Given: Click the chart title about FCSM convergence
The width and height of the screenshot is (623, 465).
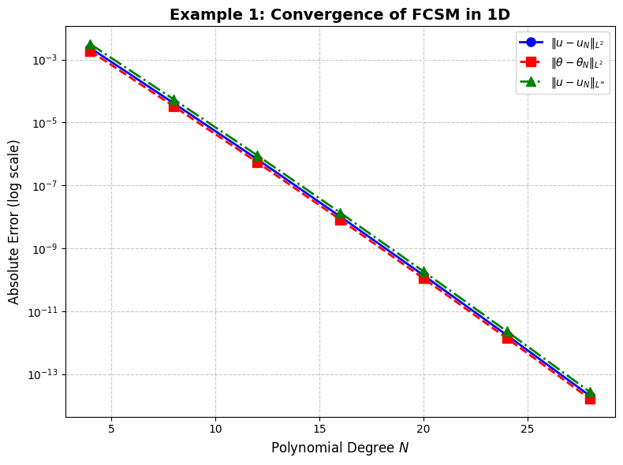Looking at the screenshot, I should pyautogui.click(x=340, y=14).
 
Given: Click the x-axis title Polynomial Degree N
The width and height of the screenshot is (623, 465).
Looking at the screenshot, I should pyautogui.click(x=340, y=448).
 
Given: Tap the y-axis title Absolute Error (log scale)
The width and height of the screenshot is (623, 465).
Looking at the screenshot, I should pyautogui.click(x=14, y=221).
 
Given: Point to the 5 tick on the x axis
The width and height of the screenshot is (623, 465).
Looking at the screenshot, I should pyautogui.click(x=111, y=429).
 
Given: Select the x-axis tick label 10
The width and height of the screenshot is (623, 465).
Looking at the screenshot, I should pyautogui.click(x=215, y=429).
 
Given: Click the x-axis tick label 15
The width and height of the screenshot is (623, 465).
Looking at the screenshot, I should pyautogui.click(x=319, y=429).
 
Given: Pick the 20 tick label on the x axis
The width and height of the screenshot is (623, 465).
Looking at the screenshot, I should pyautogui.click(x=423, y=429).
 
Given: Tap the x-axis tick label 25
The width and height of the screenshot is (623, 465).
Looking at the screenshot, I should pyautogui.click(x=528, y=429).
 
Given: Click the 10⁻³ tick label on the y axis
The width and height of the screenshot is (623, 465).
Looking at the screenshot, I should pyautogui.click(x=43, y=60).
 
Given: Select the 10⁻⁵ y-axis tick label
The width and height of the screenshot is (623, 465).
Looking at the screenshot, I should pyautogui.click(x=43, y=123).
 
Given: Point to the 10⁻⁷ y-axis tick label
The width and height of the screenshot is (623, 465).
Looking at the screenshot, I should pyautogui.click(x=43, y=186).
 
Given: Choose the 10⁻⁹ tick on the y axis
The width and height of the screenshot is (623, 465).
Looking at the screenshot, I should pyautogui.click(x=43, y=249).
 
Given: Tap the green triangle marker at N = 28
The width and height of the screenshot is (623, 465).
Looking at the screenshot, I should pyautogui.click(x=590, y=392).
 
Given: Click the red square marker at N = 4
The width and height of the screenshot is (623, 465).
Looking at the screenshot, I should pyautogui.click(x=90, y=51).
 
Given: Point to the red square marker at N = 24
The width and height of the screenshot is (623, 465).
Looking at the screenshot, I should pyautogui.click(x=507, y=337).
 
